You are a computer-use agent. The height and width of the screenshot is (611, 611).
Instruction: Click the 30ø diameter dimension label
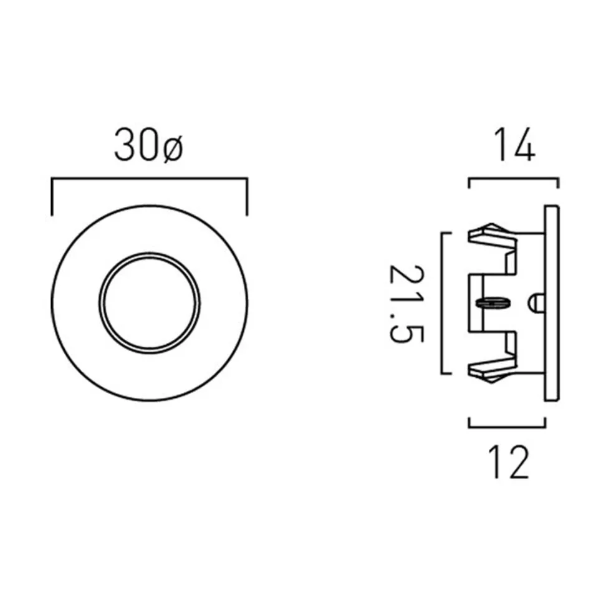point(148,145)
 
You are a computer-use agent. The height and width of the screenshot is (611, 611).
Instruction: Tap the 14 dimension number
point(514,144)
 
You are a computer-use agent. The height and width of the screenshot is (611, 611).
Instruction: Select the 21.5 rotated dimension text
point(407,303)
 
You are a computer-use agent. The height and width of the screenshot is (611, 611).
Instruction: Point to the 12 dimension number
point(509,462)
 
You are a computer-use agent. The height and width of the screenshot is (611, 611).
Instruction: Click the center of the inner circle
point(150,303)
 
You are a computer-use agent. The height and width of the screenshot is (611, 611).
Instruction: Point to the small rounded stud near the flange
point(536,302)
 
